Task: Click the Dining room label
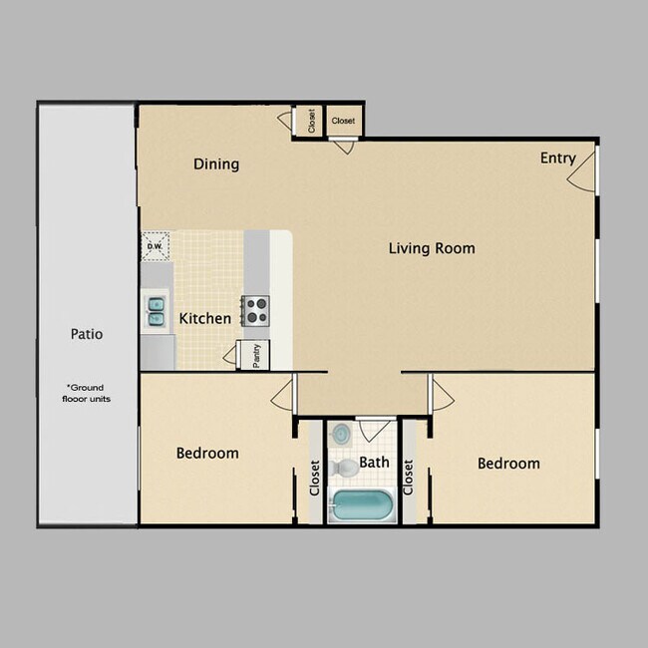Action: coord(216,164)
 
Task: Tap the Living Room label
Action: coord(431,248)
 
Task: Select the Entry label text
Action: coord(557,158)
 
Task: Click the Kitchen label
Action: coord(205,319)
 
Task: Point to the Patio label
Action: coord(86,334)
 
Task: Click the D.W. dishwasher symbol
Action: coord(155,246)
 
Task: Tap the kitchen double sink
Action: coord(157,312)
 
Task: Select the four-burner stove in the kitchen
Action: coord(256,311)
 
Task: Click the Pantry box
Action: coord(255,355)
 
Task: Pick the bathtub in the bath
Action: coord(361,505)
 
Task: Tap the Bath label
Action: coord(374,462)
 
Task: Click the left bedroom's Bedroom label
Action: coord(207,454)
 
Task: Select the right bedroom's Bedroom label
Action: coord(508,464)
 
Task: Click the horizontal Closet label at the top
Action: coord(343,122)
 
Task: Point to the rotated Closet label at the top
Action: coord(311,122)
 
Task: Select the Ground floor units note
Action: coord(88,393)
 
